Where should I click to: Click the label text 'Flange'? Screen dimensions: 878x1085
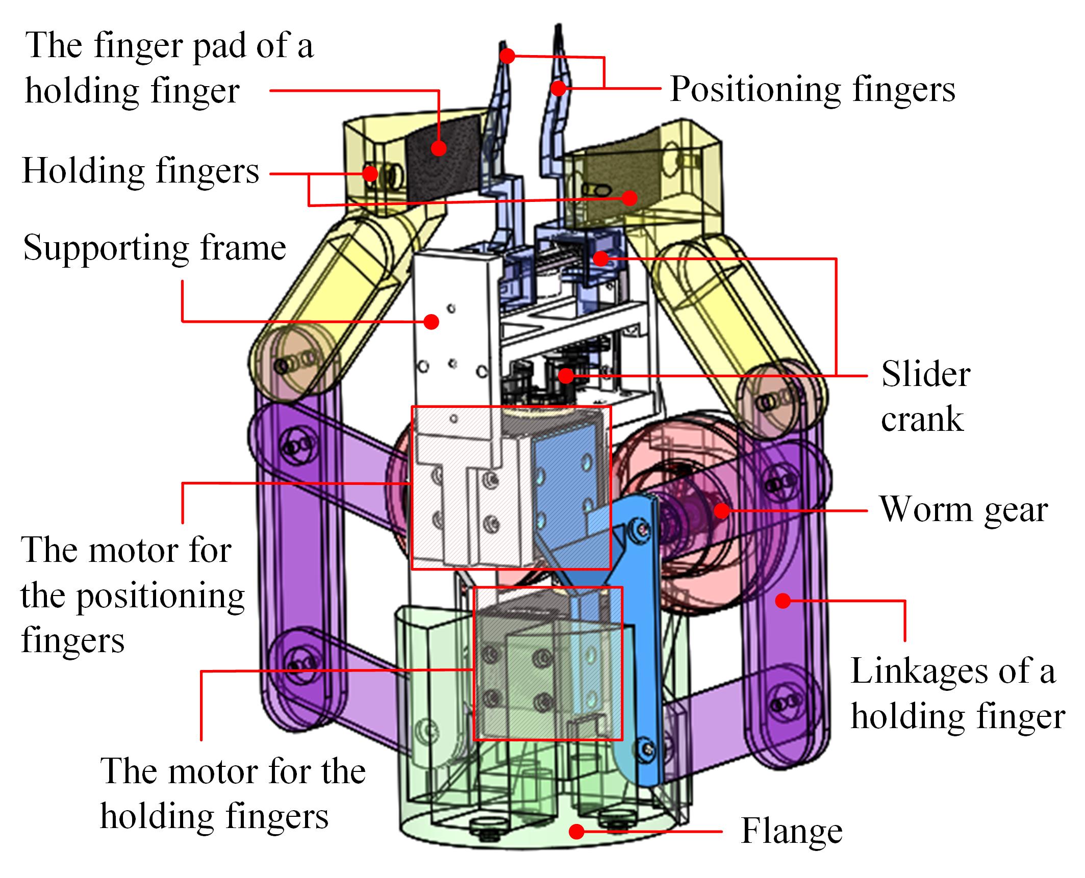click(x=791, y=832)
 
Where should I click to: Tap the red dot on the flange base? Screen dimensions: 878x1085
click(x=576, y=832)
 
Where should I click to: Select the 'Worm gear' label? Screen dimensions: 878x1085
click(x=963, y=510)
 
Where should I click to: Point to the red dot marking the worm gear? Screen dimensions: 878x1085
click(x=721, y=510)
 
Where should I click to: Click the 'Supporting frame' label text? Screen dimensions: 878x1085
click(x=155, y=248)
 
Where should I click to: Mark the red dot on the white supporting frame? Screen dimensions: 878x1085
click(x=432, y=322)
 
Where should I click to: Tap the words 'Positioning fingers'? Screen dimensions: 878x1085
click(x=812, y=90)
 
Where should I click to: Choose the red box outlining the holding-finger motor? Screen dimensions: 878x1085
click(x=547, y=663)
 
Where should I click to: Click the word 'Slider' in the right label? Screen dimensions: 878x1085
click(x=925, y=375)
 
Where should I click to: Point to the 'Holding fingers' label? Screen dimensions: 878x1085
click(x=141, y=171)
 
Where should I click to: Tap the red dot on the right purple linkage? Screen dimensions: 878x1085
click(x=783, y=601)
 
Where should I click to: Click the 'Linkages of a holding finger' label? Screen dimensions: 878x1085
click(x=957, y=694)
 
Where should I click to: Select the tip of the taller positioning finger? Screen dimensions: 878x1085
click(x=559, y=31)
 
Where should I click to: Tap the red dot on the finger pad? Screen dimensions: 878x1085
click(x=438, y=148)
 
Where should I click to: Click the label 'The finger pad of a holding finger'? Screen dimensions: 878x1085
click(x=168, y=67)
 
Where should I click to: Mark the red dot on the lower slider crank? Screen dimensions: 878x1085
click(x=565, y=376)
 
